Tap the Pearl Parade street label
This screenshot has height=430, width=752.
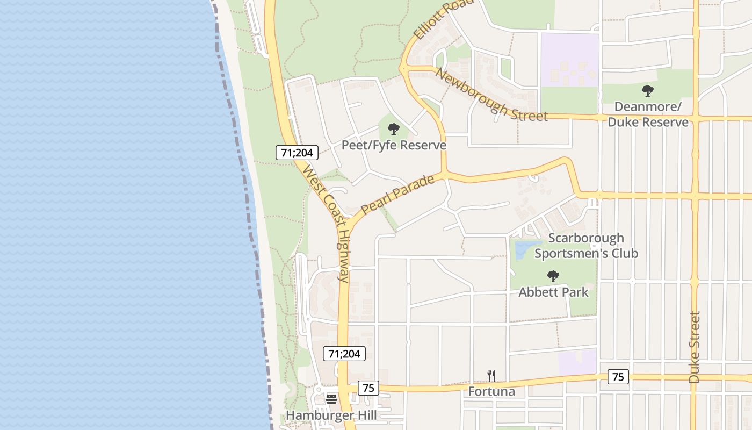(x=397, y=195)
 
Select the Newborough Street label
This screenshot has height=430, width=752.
(x=491, y=95)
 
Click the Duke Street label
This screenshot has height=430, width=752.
(x=695, y=347)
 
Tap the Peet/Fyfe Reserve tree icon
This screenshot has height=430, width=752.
(x=394, y=129)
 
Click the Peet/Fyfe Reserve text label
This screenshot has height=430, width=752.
(x=394, y=145)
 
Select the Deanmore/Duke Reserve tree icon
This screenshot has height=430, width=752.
(x=648, y=91)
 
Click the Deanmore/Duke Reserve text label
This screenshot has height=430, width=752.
(x=648, y=114)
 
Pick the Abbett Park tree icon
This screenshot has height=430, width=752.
(x=553, y=277)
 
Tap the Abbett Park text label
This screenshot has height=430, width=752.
(x=553, y=292)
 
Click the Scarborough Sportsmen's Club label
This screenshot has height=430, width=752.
(x=586, y=245)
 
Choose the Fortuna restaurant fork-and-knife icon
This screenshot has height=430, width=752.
(x=491, y=376)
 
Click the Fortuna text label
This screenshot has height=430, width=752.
(x=491, y=391)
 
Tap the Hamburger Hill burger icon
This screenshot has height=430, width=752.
(x=331, y=399)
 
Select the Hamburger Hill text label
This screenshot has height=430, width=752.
(x=331, y=415)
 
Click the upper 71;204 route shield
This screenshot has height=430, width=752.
(x=297, y=153)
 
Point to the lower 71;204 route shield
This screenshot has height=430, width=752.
(x=344, y=354)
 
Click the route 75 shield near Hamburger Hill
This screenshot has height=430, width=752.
(x=368, y=388)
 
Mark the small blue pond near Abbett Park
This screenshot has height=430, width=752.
(x=524, y=248)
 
